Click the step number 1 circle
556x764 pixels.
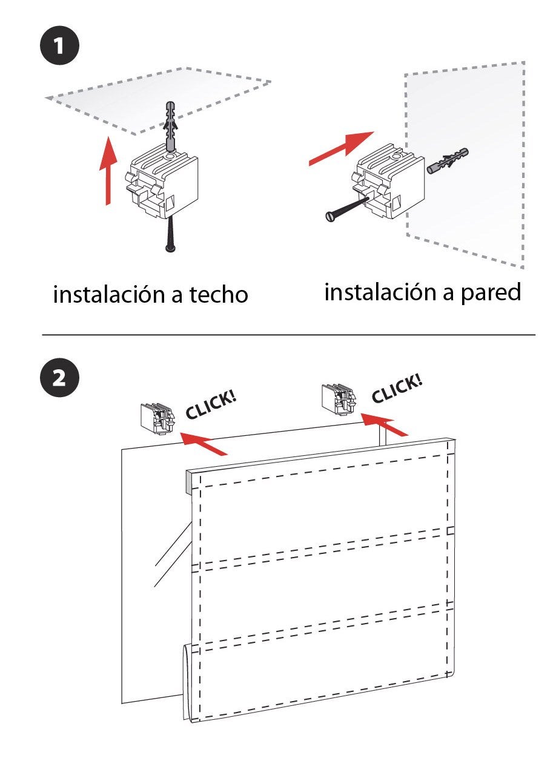(x=60, y=45)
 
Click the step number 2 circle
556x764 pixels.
(x=60, y=378)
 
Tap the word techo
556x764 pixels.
(x=219, y=294)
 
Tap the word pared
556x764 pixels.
(x=491, y=292)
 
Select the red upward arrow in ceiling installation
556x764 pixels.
(x=108, y=171)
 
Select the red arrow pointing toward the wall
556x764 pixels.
(x=342, y=148)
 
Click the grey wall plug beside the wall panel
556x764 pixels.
(x=448, y=161)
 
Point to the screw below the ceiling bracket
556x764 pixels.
(x=170, y=234)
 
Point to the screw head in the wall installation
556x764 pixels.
(x=330, y=217)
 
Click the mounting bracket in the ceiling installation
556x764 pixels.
(x=162, y=181)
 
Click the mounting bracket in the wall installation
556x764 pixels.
(x=388, y=181)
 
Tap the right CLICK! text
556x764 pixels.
(x=397, y=388)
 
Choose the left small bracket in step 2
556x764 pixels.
(x=157, y=418)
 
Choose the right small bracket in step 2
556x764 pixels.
(x=339, y=400)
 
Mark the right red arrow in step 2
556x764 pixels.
(x=385, y=424)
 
